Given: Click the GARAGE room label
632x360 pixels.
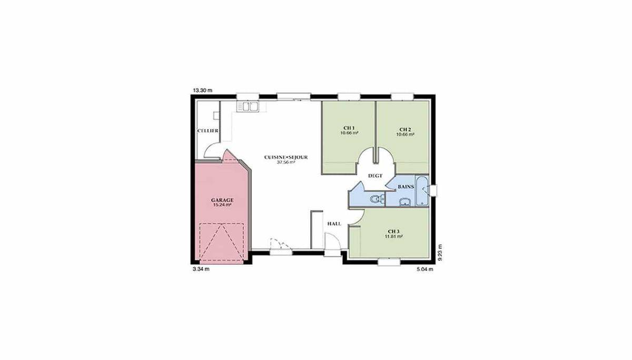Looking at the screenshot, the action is [222, 200].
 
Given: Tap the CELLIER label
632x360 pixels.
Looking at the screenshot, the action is [208, 131].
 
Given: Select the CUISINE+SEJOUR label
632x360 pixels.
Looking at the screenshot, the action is [286, 157].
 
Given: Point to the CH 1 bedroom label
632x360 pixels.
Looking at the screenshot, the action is [349, 128].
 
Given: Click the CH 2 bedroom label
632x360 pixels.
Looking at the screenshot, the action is [405, 129].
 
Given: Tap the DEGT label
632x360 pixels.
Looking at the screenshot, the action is [375, 176].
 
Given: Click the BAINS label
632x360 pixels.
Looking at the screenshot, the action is [406, 187].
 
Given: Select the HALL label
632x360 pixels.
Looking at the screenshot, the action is [334, 224].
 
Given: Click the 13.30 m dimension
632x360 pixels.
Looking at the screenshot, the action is [202, 91].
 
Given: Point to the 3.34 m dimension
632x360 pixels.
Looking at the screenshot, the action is [201, 269].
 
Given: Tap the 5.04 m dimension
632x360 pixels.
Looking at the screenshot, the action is [425, 269].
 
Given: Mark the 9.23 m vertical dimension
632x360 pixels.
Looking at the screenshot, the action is [440, 252].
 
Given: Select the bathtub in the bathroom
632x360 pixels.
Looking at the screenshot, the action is [422, 191].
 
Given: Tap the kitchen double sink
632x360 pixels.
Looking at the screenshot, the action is [248, 106].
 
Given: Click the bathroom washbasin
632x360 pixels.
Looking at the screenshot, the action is [405, 202].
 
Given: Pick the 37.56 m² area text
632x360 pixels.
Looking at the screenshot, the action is [286, 163].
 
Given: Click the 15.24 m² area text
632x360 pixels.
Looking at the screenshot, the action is [222, 205].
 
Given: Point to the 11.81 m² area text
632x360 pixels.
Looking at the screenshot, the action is [393, 236].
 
